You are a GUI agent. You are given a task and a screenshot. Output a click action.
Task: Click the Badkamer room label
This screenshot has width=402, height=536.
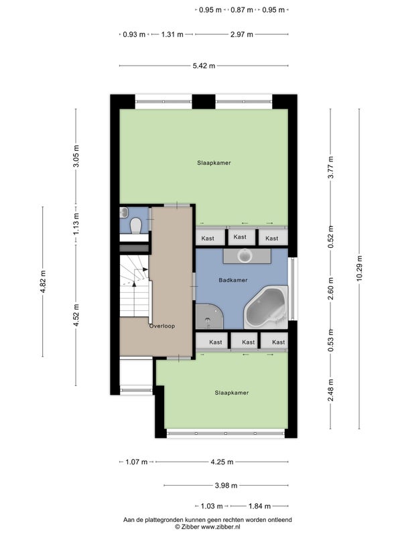[232, 280]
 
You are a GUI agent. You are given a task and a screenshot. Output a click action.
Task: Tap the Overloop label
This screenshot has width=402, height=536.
[162, 326]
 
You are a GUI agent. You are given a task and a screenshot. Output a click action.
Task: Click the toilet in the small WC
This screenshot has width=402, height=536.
[136, 225]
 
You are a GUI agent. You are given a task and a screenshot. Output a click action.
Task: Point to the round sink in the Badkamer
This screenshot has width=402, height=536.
[245, 255]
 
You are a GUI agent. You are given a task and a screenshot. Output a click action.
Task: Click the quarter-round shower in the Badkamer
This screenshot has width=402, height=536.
[209, 316]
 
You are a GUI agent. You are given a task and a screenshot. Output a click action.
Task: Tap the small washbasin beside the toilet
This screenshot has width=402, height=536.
[124, 212]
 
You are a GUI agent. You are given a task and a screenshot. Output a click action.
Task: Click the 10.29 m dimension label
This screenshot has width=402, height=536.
[359, 269]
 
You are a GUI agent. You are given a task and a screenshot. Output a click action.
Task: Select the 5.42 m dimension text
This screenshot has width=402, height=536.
[204, 66]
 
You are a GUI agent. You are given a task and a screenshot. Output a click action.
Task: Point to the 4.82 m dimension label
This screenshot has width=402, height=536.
[43, 281]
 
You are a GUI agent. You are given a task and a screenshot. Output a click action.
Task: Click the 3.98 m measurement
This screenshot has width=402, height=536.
[226, 485]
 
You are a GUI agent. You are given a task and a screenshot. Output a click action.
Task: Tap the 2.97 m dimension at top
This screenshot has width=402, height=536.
[242, 35]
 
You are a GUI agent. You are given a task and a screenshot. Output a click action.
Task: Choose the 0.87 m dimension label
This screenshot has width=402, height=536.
[242, 10]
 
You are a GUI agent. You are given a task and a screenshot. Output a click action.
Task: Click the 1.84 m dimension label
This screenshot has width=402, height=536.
[259, 506]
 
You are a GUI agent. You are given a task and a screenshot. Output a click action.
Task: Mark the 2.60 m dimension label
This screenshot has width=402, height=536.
[330, 288]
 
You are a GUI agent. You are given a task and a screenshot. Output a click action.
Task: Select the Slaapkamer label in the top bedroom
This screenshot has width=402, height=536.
[214, 163]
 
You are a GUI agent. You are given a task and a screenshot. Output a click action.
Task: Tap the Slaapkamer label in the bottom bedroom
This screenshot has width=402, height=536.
[232, 393]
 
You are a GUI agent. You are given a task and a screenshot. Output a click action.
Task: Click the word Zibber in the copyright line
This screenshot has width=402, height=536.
[190, 527]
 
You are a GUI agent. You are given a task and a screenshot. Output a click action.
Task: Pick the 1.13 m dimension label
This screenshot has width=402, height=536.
[76, 224]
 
